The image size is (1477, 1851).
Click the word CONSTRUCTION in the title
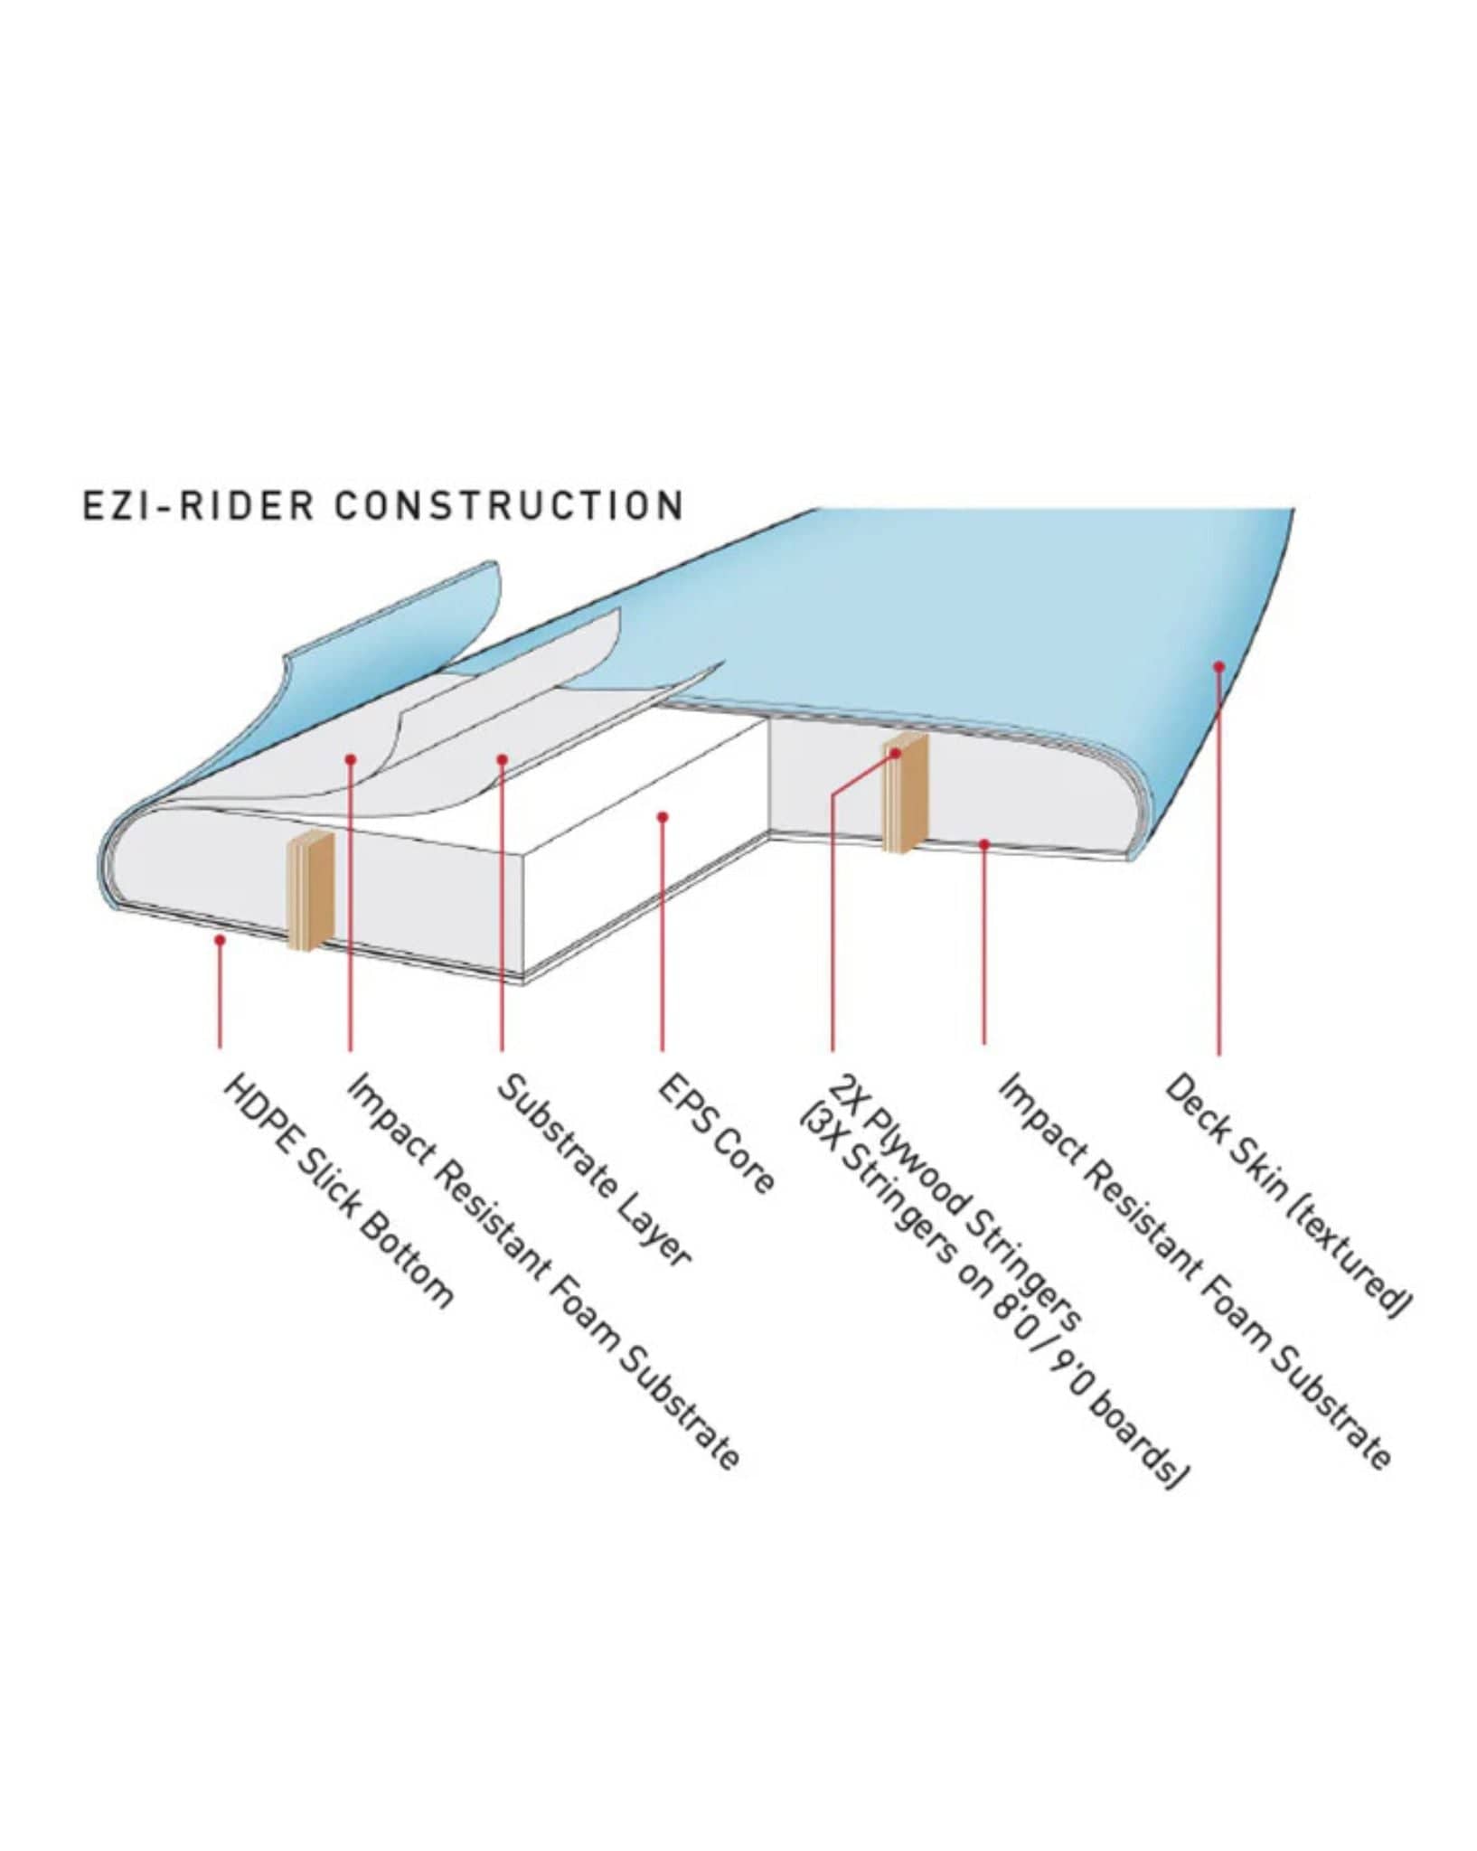tap(509, 505)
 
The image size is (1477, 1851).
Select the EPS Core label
tap(715, 1133)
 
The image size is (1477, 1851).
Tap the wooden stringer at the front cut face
tap(311, 891)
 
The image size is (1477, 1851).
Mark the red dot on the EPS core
tap(663, 817)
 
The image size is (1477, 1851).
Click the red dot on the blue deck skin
tap(1218, 666)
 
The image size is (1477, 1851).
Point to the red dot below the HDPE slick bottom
tap(220, 940)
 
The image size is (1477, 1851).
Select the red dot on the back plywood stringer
tap(896, 752)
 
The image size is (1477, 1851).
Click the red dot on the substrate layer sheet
tap(502, 759)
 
